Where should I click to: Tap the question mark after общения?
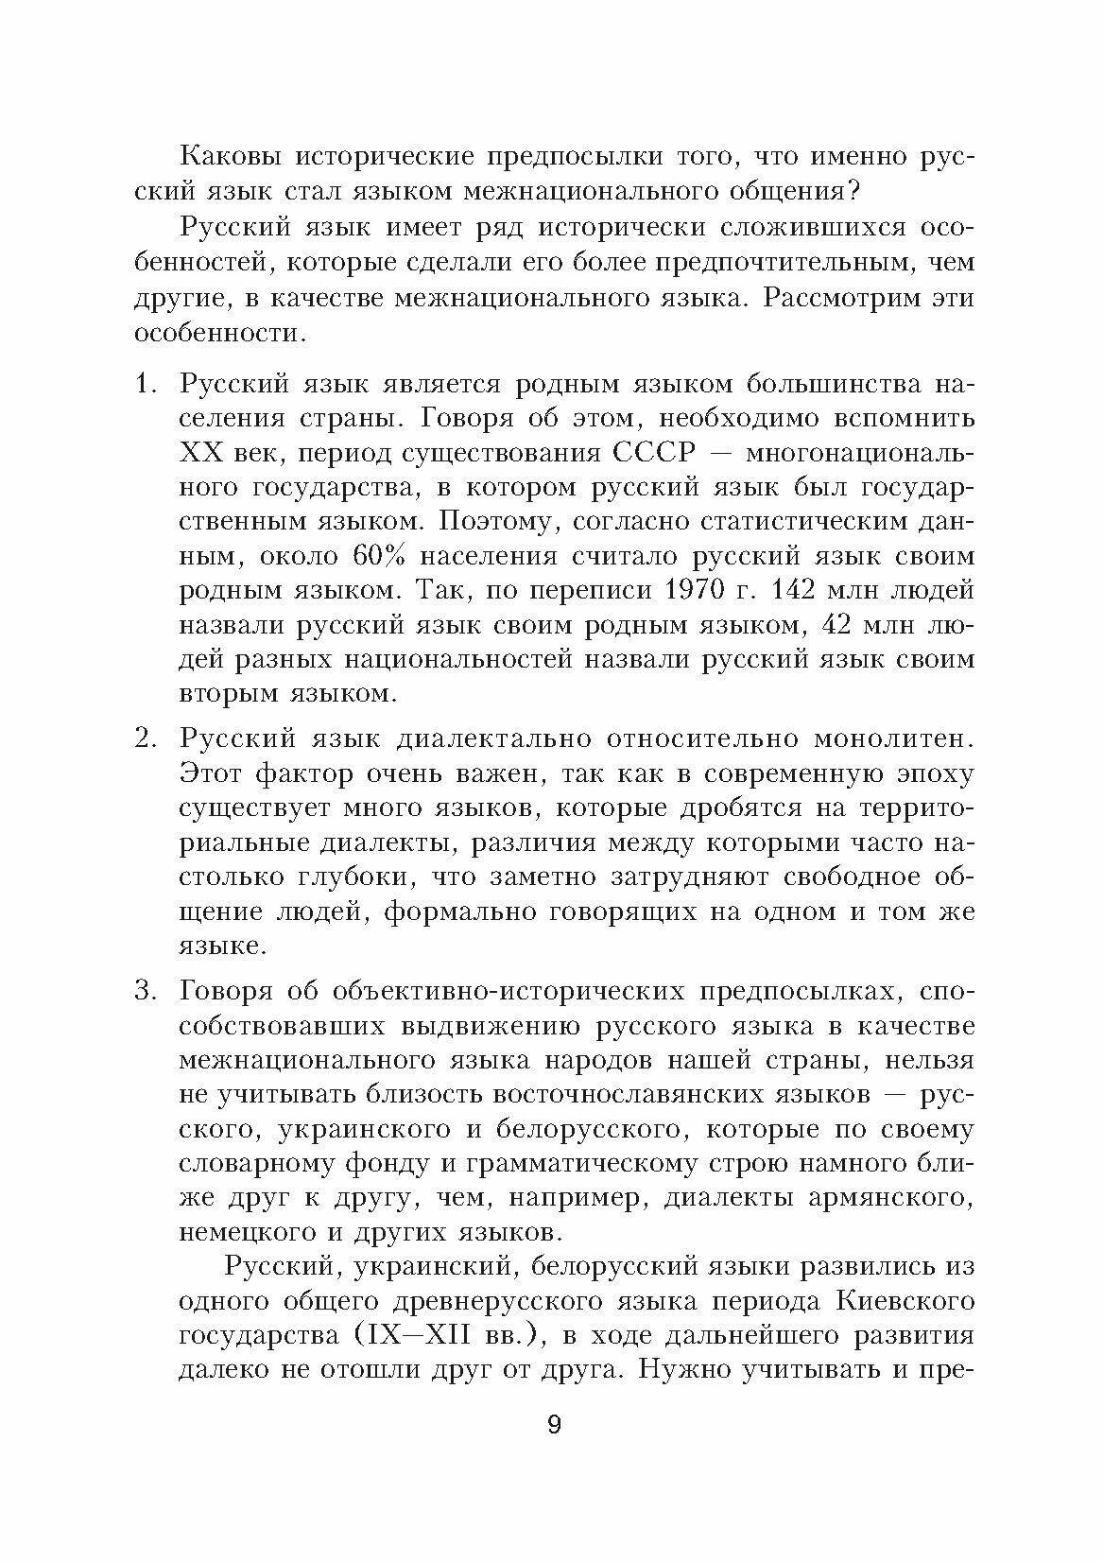click(x=853, y=190)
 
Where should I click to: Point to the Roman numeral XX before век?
click(x=199, y=452)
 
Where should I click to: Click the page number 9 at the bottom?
click(x=554, y=1424)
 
